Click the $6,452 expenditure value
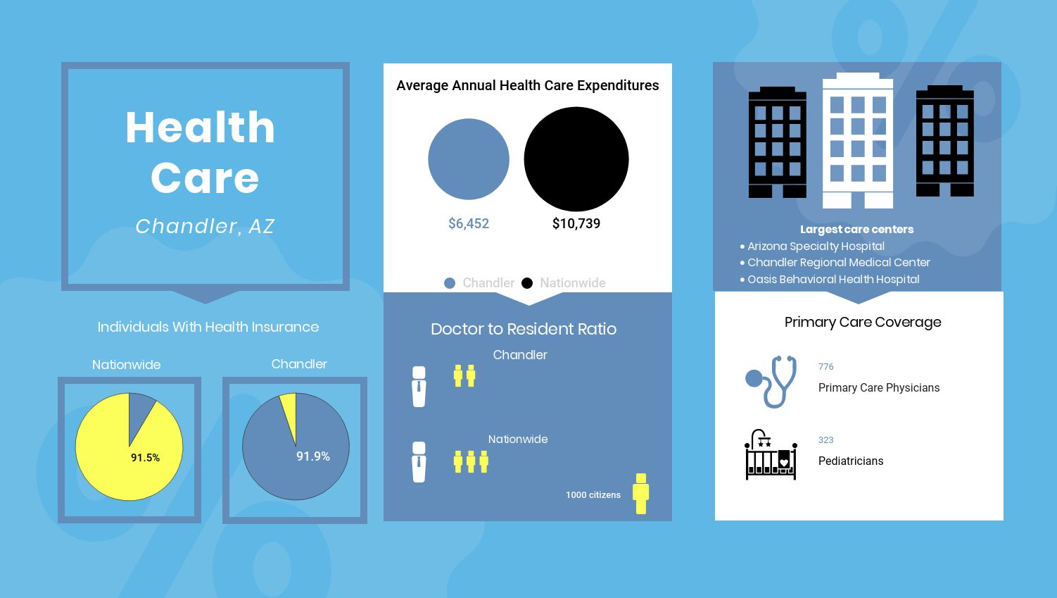pos(469,223)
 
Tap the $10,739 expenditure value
pos(576,223)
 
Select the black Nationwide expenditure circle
pos(576,158)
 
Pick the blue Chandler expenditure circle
pos(469,158)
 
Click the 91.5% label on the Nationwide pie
pos(146,457)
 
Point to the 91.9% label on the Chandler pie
pos(313,456)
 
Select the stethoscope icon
pos(771,382)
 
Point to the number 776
pos(825,366)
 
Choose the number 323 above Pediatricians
pos(825,440)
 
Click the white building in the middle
pos(858,140)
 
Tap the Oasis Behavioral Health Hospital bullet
pos(830,279)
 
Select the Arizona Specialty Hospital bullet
pos(812,246)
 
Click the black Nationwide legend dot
pos(527,283)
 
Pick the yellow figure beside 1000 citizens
pos(641,494)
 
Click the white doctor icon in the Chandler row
pos(419,387)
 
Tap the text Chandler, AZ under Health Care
pos(205,226)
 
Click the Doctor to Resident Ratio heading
pos(524,329)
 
